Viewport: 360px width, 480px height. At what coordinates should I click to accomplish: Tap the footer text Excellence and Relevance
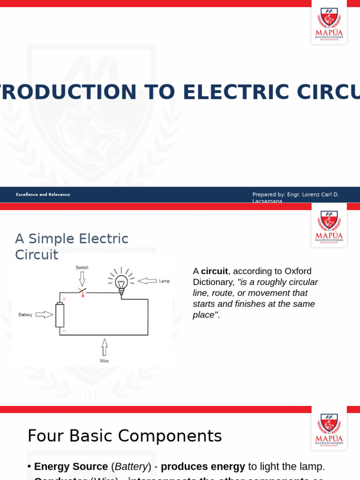[43, 195]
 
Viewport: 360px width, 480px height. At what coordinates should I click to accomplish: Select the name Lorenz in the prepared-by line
[306, 195]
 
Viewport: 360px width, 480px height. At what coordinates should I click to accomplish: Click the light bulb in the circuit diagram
[121, 283]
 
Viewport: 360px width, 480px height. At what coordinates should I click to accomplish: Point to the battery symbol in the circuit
[60, 315]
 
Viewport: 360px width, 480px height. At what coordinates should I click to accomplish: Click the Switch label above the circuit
[82, 268]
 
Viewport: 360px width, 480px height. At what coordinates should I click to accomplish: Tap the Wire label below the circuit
[104, 361]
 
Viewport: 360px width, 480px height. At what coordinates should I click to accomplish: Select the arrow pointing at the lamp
[147, 281]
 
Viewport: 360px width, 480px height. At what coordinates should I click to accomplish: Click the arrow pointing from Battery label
[44, 315]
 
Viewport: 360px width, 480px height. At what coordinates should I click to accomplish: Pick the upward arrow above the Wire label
[104, 347]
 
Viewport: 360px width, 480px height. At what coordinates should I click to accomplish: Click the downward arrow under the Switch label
[82, 279]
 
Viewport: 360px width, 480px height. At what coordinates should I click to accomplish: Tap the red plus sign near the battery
[64, 299]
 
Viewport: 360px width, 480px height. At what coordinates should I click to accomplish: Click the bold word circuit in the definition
[214, 271]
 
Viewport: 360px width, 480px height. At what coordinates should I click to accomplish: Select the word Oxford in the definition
[297, 271]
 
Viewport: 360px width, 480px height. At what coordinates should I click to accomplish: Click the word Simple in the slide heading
[52, 239]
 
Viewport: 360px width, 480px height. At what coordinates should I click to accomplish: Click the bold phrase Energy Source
[71, 467]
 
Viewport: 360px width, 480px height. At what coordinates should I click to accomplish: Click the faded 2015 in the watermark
[91, 395]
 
